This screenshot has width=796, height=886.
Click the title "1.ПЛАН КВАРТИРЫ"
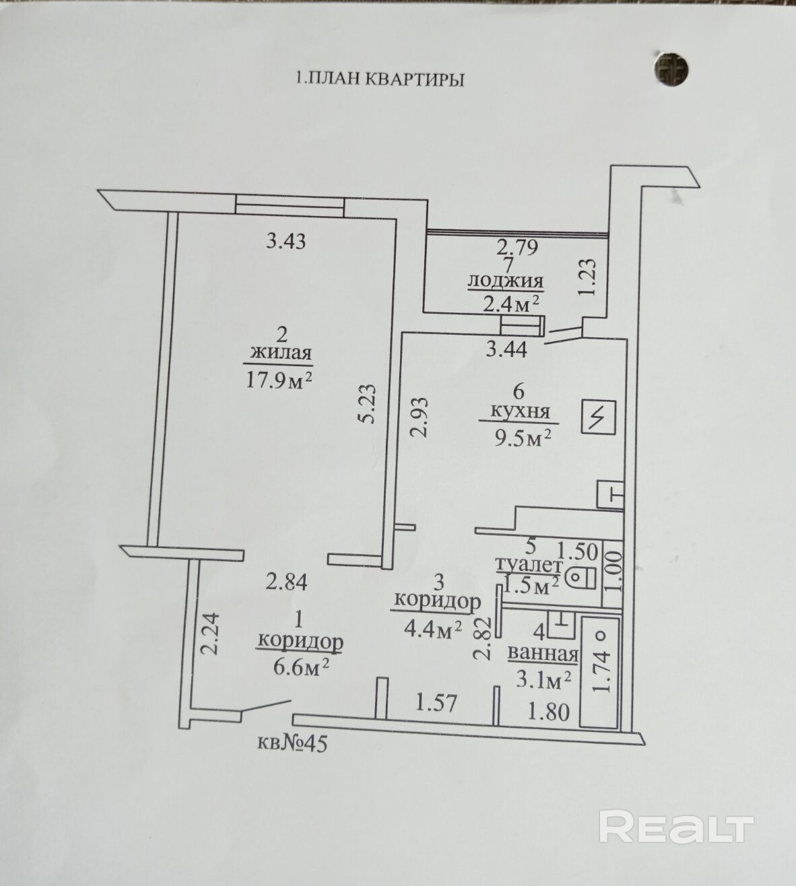380,79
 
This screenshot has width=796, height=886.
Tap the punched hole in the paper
673,69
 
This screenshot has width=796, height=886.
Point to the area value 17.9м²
279,379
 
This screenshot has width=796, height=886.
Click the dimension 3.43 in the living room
286,241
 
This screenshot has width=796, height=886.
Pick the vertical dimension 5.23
366,404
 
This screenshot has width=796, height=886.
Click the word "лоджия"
506,281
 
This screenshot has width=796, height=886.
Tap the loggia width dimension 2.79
517,248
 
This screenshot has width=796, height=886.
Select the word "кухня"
520,412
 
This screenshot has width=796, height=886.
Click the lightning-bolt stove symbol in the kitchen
598,417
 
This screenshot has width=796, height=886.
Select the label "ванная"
543,654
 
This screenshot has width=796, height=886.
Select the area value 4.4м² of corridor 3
433,629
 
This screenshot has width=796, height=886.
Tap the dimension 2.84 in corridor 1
287,582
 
